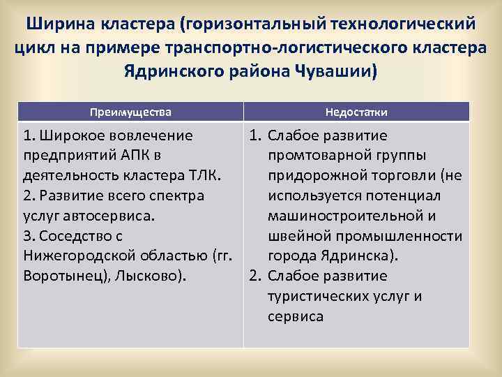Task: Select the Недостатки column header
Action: pyautogui.click(x=356, y=112)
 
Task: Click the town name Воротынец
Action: pyautogui.click(x=60, y=276)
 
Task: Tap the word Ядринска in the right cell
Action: pyautogui.click(x=353, y=256)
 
